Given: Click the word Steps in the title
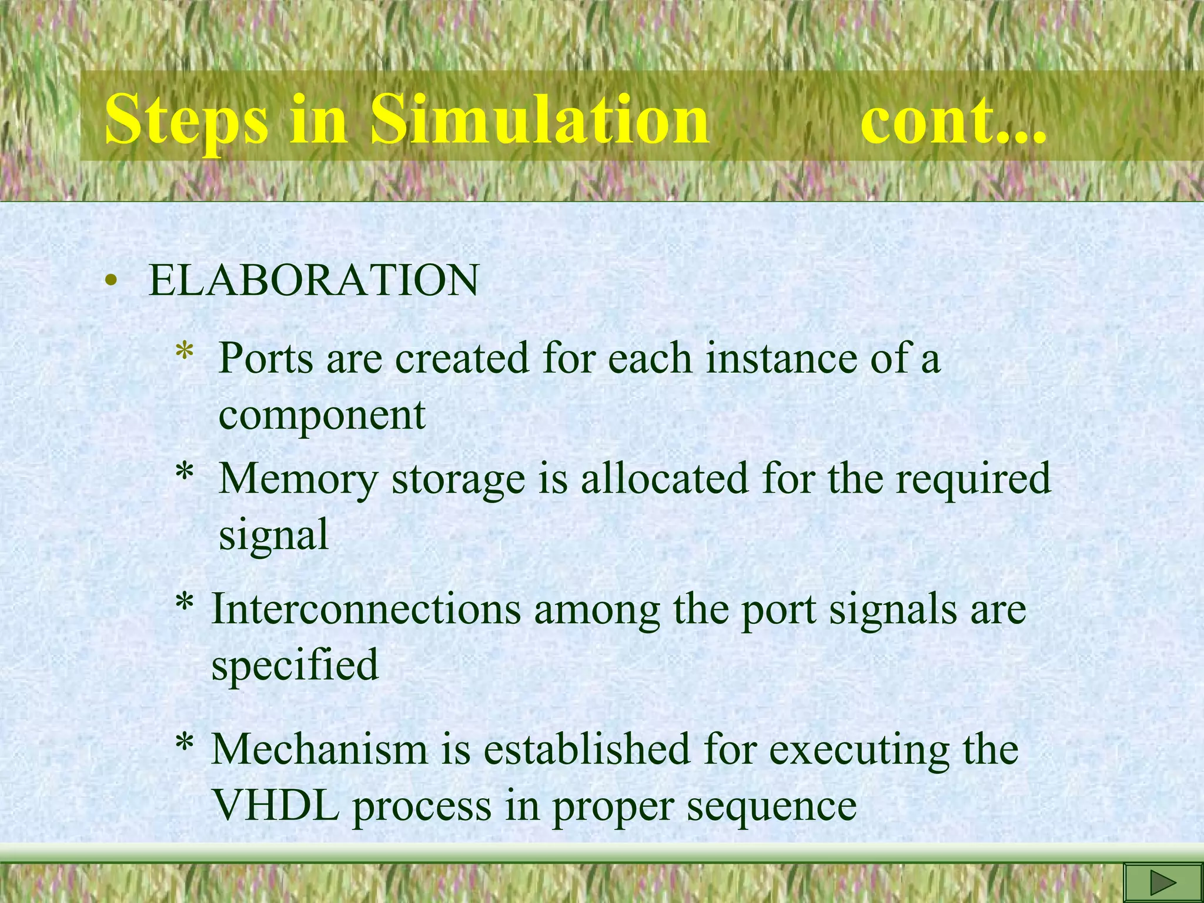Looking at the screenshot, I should coord(185,121).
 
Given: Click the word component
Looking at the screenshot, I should coord(322,415).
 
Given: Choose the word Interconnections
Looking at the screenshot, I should coord(366,610).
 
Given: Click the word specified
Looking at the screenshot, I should coord(295,665).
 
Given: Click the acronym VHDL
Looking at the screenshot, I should coord(276,805).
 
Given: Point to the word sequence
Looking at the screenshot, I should coord(772,806).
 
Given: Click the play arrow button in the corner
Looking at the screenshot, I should coord(1162,882).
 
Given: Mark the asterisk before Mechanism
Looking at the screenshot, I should coord(185,745).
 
